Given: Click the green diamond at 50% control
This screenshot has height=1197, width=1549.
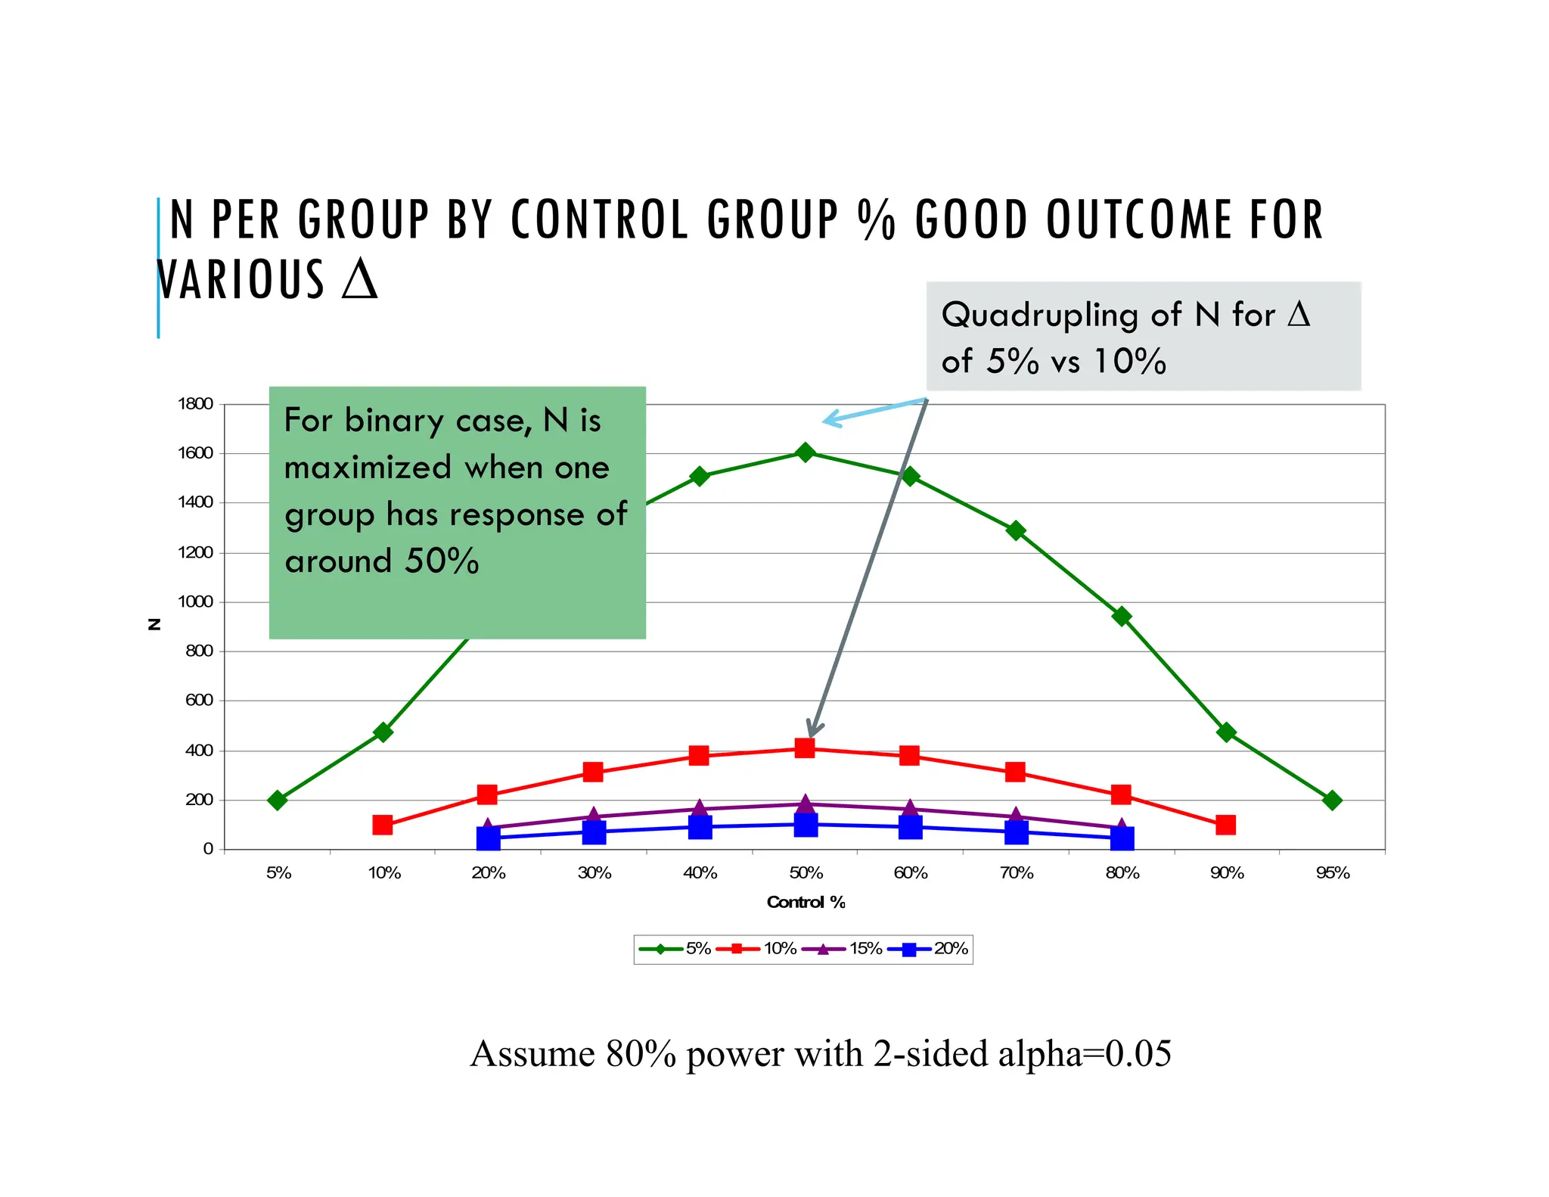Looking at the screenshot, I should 806,452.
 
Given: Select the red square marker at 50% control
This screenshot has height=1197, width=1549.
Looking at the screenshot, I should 805,748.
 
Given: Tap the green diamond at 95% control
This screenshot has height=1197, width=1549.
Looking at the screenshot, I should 1332,800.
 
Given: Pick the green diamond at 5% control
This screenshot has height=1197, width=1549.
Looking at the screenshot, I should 278,800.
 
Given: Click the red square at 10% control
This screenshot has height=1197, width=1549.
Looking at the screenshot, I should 383,825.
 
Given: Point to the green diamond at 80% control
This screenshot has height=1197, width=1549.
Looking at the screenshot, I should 1122,617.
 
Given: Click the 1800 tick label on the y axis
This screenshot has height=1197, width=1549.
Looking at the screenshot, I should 195,403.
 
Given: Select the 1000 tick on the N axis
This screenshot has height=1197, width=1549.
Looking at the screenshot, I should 195,602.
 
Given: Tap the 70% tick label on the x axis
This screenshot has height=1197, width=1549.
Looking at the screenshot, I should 1017,873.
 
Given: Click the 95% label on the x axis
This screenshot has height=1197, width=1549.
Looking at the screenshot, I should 1332,873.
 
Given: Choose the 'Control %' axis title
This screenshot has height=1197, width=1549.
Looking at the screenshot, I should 806,902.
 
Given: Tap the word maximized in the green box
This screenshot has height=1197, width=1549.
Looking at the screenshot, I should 367,468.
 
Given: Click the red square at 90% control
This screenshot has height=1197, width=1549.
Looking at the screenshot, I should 1226,825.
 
